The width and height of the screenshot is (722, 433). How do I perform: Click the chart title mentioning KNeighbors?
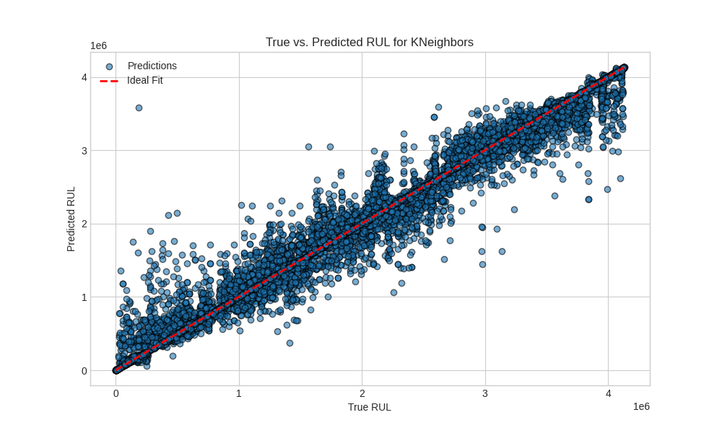(369, 42)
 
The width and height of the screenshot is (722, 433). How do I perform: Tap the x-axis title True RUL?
(369, 407)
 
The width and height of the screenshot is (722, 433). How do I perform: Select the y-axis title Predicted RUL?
(71, 219)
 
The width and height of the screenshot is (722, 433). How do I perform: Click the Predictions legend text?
(152, 66)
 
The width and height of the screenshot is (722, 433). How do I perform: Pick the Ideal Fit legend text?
(145, 80)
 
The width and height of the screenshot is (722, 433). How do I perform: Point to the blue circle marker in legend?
(110, 66)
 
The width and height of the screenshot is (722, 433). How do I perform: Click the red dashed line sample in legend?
(109, 81)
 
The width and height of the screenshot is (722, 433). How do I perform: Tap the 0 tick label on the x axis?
(116, 393)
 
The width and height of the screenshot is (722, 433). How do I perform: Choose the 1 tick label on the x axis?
(239, 393)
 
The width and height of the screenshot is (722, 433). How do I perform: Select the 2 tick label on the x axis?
(362, 393)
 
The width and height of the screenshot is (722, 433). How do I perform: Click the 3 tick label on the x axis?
(485, 393)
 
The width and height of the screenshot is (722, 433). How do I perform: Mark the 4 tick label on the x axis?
(608, 393)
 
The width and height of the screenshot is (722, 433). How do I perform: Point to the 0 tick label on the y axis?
(84, 371)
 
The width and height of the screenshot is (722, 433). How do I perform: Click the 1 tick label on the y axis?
(84, 297)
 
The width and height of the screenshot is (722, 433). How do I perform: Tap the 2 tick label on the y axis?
(84, 224)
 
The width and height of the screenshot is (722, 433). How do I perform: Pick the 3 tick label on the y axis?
(84, 151)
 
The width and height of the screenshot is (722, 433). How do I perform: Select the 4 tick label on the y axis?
(84, 77)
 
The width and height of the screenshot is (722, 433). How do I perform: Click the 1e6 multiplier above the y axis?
(98, 45)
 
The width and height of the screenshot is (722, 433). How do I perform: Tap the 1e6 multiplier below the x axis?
(641, 406)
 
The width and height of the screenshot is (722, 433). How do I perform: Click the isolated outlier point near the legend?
(139, 108)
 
